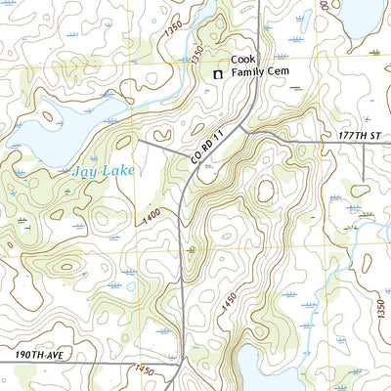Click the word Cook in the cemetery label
pos(242,59)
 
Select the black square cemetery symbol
pos(218,74)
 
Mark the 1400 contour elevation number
pos(151,220)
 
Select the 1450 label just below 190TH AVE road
pos(144,371)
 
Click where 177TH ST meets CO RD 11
pos(251,130)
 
